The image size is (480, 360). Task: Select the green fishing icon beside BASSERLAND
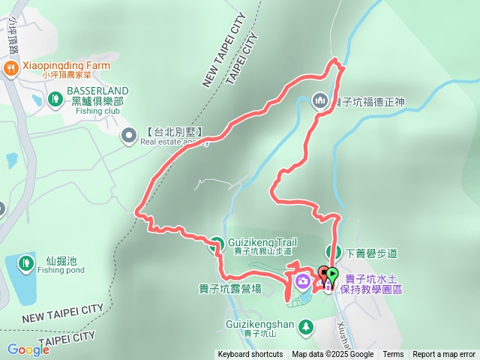(55, 98)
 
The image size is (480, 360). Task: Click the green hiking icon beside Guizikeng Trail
(217, 243)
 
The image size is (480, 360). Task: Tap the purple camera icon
(301, 282)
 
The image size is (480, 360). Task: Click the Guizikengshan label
(259, 325)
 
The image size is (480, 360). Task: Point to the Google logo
(28, 349)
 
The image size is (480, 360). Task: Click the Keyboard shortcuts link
(250, 355)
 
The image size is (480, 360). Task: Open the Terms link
(393, 355)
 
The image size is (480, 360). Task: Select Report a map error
(444, 355)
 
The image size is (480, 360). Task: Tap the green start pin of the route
(332, 275)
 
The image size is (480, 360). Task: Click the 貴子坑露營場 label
(230, 289)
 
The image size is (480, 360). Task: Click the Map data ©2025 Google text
(332, 355)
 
